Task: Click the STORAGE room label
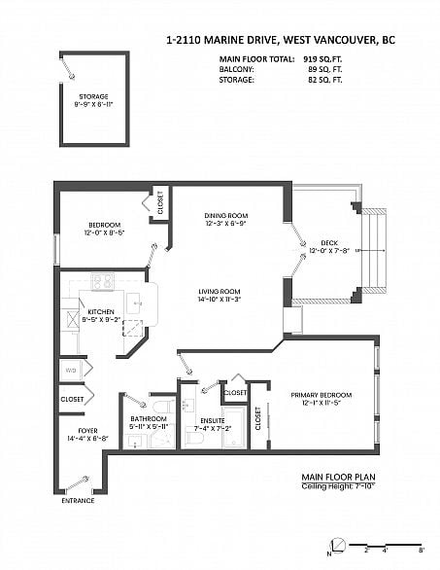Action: (x=93, y=97)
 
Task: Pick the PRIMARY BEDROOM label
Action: (x=322, y=394)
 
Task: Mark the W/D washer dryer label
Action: (x=70, y=370)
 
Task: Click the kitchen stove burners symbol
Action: (x=104, y=281)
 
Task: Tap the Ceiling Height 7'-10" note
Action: (x=336, y=485)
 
